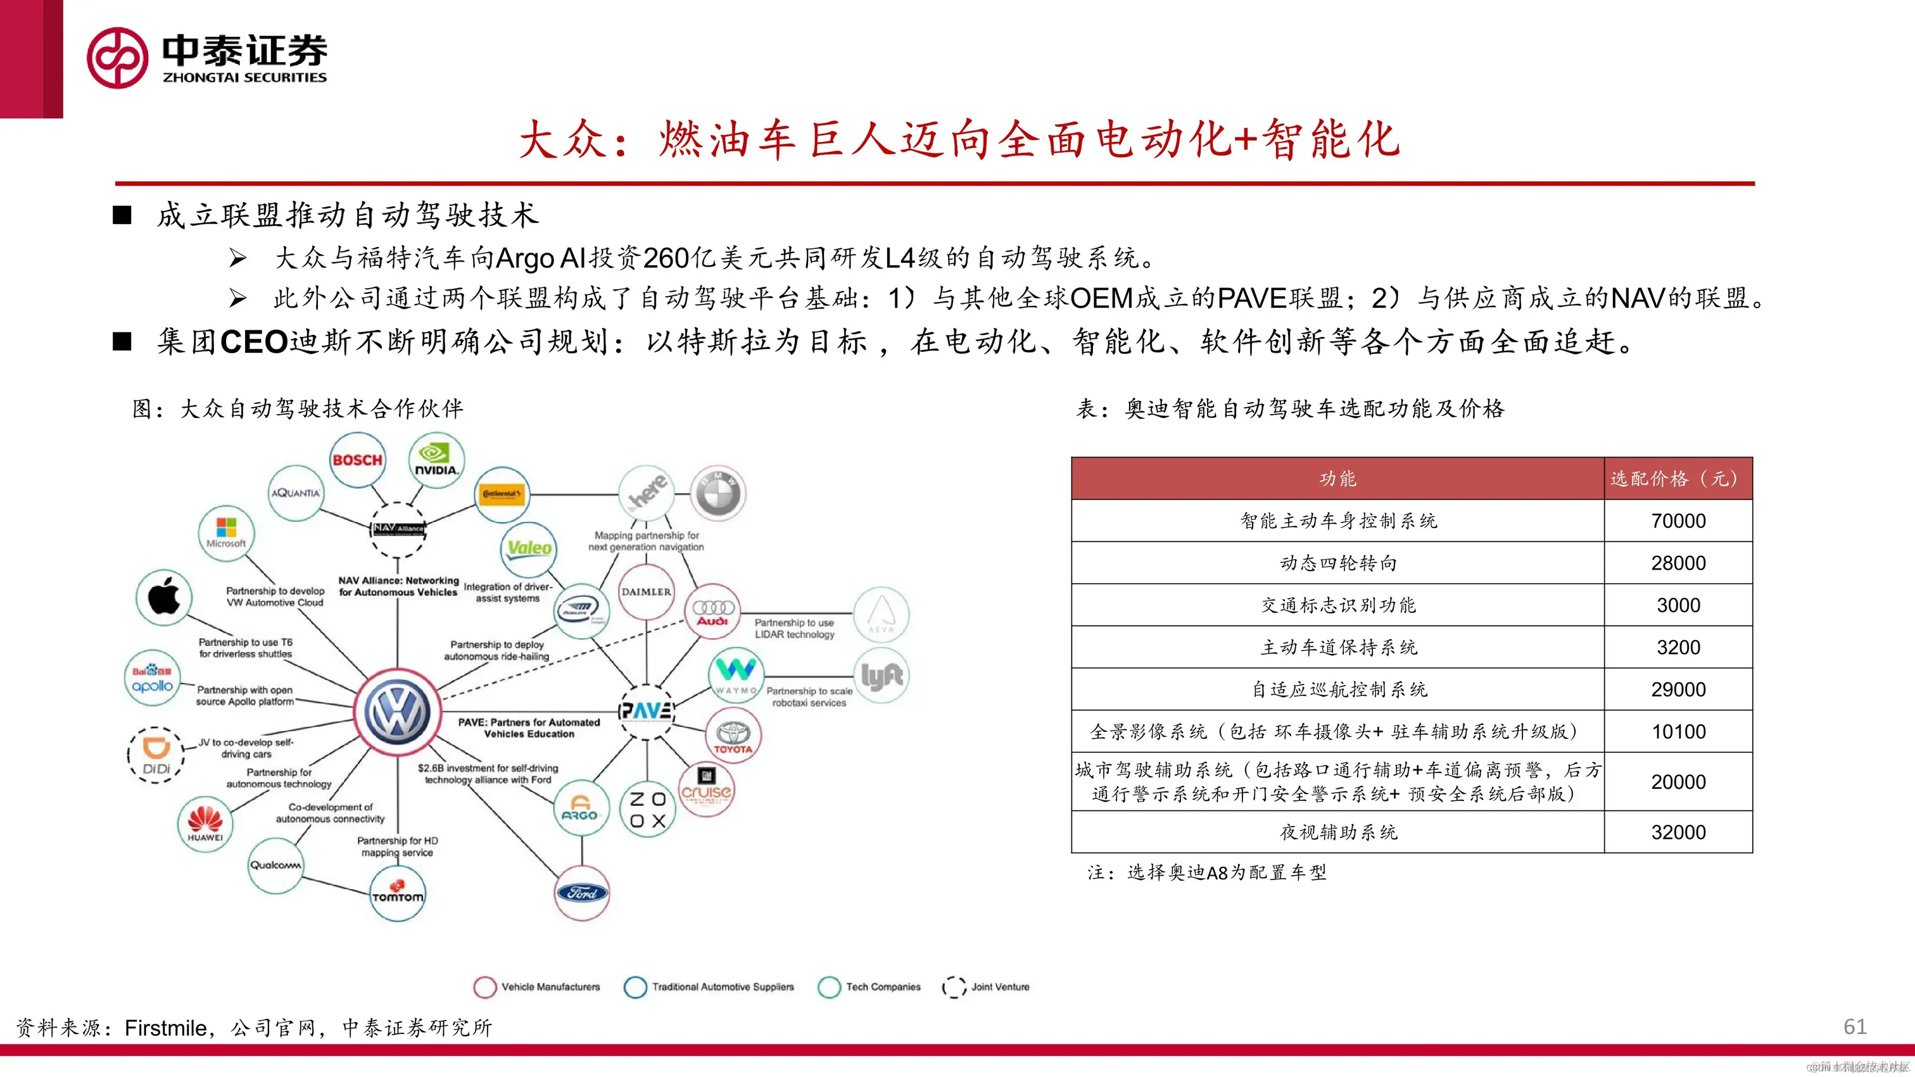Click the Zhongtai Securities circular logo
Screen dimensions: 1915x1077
(x=117, y=58)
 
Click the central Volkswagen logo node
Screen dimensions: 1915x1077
(x=397, y=710)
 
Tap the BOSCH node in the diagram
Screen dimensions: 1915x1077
(x=358, y=460)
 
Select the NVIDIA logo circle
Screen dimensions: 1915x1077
(x=436, y=460)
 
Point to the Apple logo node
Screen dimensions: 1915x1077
(x=164, y=596)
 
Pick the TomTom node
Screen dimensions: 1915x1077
(x=398, y=893)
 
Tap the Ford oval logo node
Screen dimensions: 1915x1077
(x=582, y=893)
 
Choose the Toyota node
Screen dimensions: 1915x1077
(x=733, y=735)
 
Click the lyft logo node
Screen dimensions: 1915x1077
(x=882, y=676)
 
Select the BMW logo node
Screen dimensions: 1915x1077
(x=718, y=493)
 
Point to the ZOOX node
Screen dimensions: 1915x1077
(x=647, y=809)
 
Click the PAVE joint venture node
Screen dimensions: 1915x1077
(x=646, y=710)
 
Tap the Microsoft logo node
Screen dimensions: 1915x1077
(x=226, y=533)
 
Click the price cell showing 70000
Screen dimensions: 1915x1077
(x=1678, y=520)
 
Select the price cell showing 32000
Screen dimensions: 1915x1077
(x=1678, y=832)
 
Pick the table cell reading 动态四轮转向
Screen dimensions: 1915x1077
(x=1337, y=563)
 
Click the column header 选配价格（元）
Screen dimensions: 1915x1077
(x=1678, y=478)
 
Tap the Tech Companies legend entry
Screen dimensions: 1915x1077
(x=869, y=986)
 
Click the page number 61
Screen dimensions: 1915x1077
(x=1854, y=1026)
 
